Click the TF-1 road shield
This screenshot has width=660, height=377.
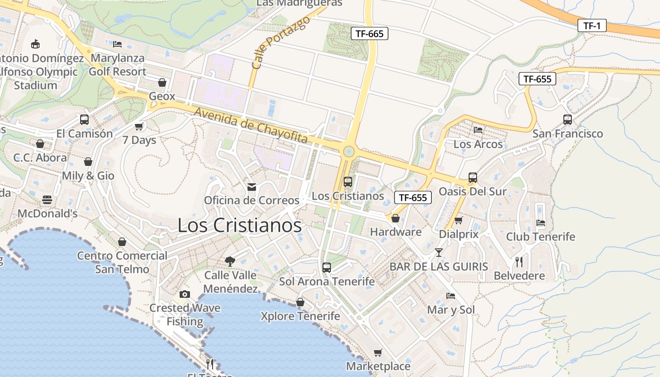[592, 25]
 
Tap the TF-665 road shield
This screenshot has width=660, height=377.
[370, 33]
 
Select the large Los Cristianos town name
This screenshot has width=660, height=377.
[239, 225]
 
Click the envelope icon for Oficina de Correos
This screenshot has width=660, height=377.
[252, 187]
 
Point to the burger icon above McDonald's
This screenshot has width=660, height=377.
[47, 200]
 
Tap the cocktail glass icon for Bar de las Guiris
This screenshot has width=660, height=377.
[439, 253]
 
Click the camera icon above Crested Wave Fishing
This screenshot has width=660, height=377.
[185, 294]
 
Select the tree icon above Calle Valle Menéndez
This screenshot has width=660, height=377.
[230, 261]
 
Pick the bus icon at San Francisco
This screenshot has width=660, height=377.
[567, 120]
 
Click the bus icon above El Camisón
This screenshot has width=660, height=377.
[84, 120]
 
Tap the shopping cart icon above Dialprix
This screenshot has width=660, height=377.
[458, 220]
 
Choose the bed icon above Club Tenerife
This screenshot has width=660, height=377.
[541, 223]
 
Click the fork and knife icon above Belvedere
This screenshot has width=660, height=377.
[519, 262]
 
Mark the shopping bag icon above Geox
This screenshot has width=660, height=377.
[162, 82]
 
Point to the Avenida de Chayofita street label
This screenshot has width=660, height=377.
[250, 125]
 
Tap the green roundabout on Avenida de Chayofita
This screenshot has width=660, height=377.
[349, 151]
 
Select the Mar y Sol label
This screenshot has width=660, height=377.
[451, 310]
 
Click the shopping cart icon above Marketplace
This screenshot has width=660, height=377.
[378, 352]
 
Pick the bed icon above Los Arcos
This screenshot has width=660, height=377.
[478, 130]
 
